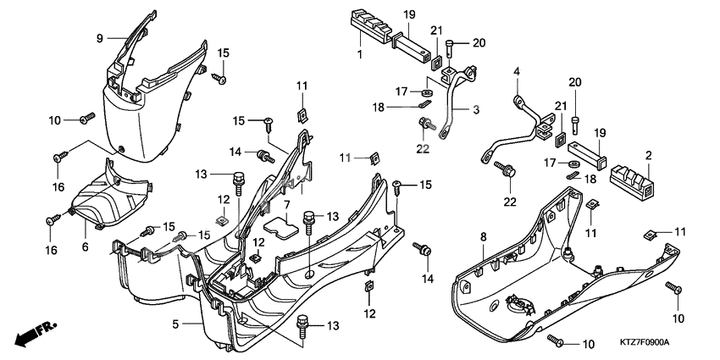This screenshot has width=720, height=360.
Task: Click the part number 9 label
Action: (x=99, y=38)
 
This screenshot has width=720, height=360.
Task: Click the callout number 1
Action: (x=360, y=54)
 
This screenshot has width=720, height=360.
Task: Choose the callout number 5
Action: (x=175, y=324)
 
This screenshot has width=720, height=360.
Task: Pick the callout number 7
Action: (x=287, y=205)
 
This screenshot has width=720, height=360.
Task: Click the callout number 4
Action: (x=515, y=73)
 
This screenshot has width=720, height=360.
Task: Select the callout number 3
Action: (x=476, y=110)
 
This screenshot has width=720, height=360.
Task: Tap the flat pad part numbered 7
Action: (x=280, y=226)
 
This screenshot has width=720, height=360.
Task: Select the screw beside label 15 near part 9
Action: (x=218, y=79)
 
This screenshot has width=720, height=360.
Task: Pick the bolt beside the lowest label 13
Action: (x=302, y=324)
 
